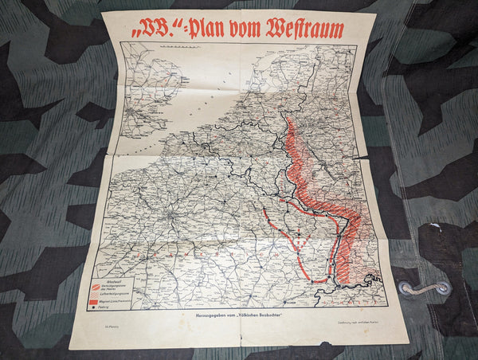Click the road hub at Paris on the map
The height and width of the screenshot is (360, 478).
pos(170,216)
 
